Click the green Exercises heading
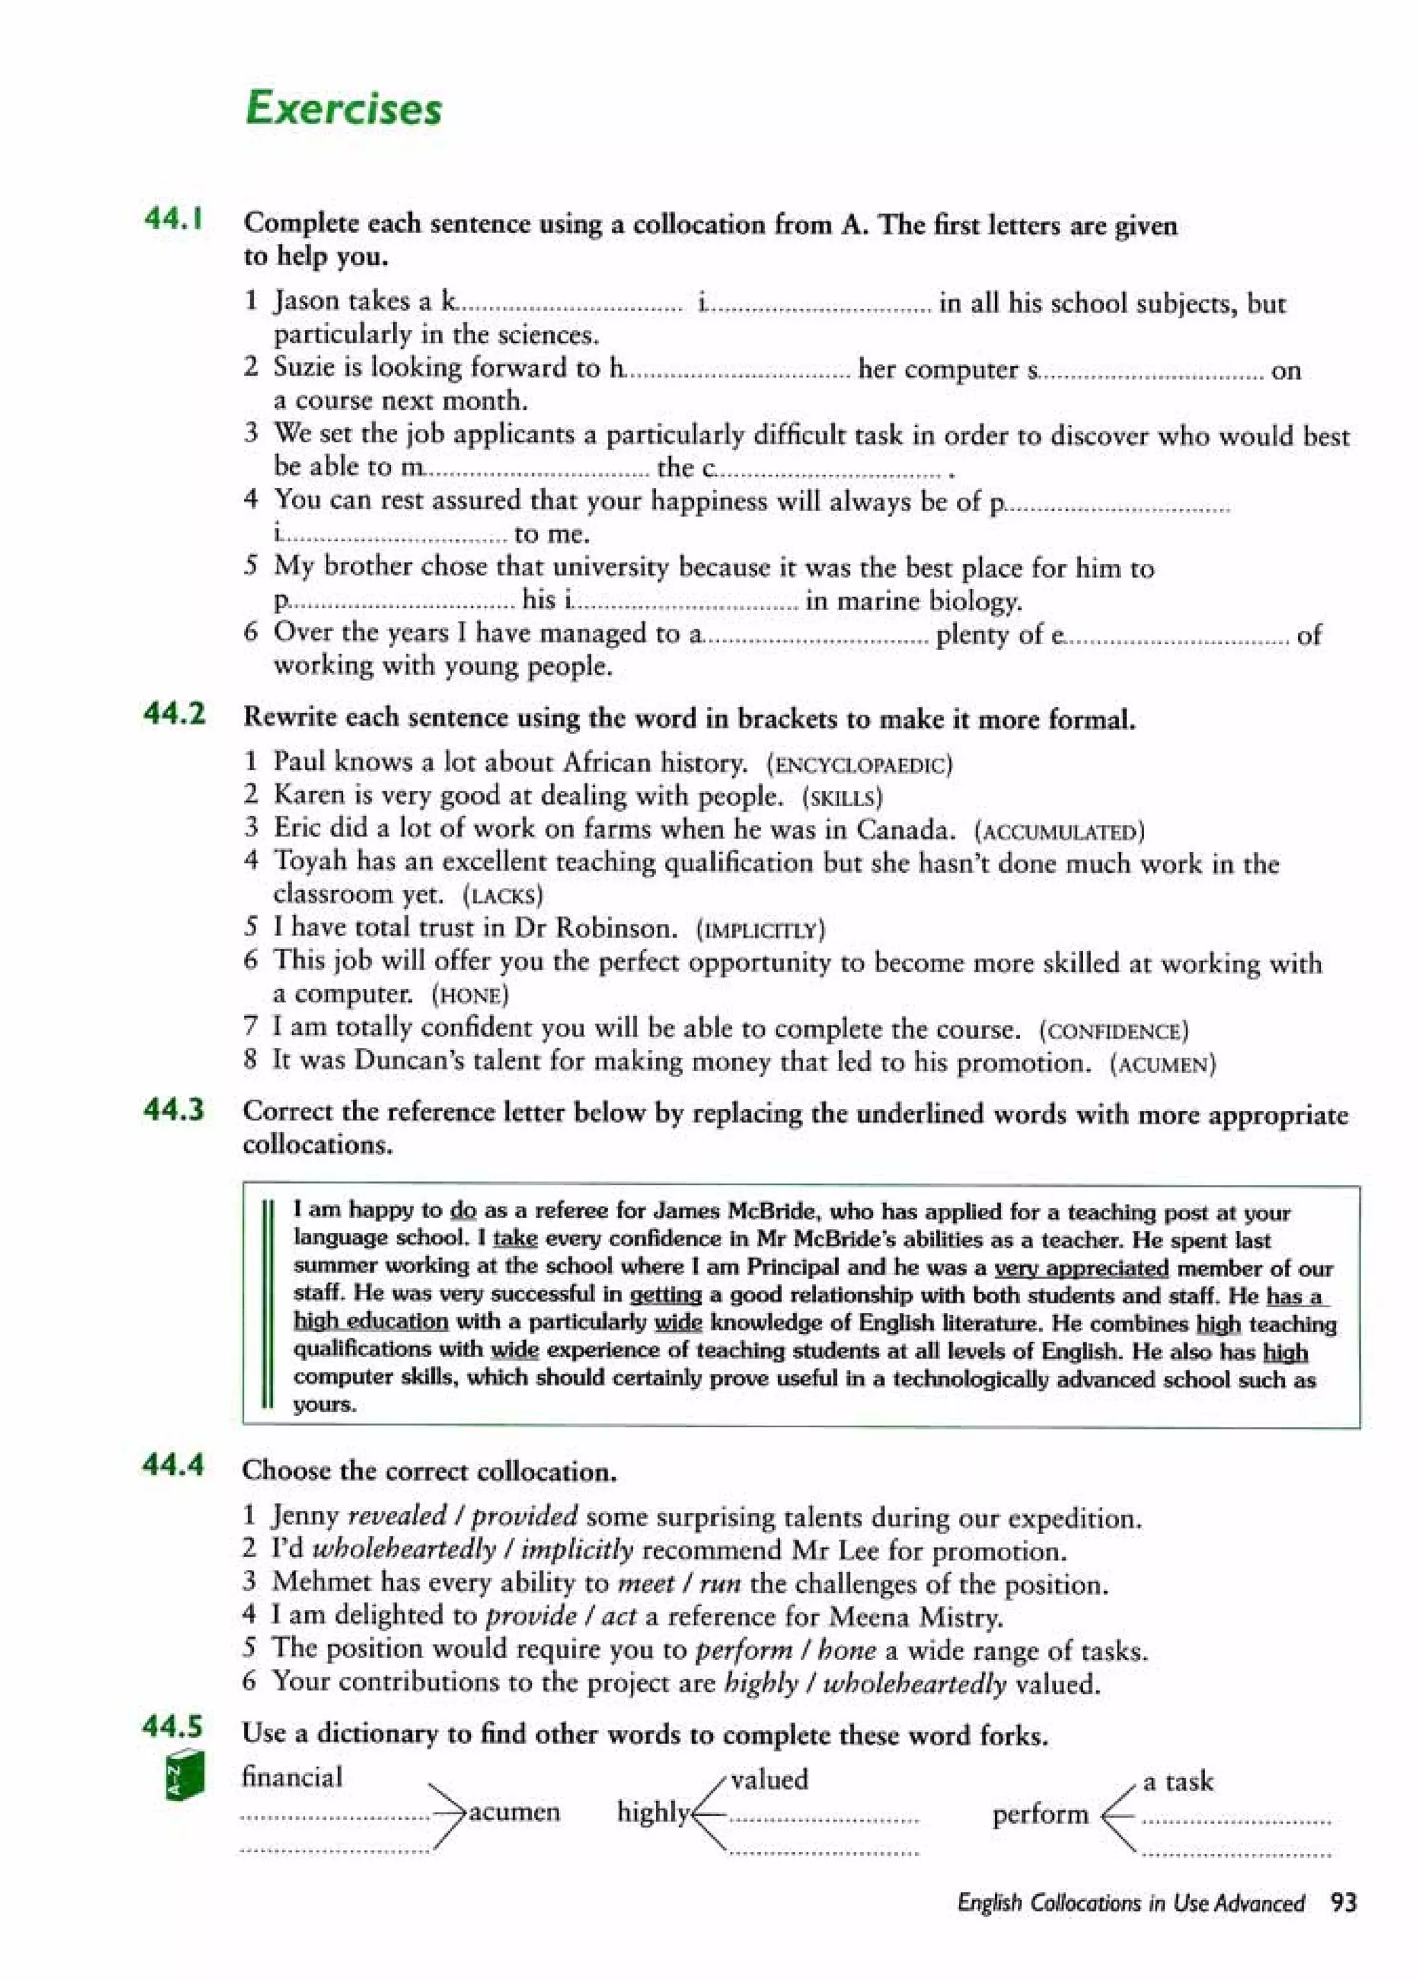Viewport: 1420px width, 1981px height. coord(343,110)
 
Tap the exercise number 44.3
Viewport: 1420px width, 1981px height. coord(174,1110)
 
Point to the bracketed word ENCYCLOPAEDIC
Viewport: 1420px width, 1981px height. coord(859,766)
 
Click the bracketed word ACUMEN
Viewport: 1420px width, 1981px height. coord(1162,1065)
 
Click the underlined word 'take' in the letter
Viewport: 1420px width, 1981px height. coord(514,1239)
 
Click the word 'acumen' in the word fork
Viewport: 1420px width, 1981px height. coord(514,1813)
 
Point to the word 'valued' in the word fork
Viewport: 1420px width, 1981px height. coord(769,1779)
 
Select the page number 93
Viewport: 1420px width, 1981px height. coord(1344,1903)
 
